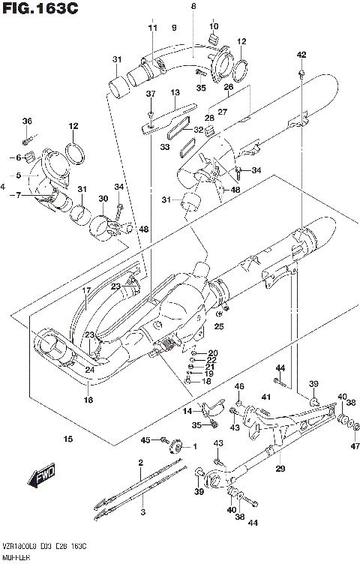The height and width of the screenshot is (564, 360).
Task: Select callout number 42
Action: (301, 55)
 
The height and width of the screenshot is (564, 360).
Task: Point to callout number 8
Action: (193, 6)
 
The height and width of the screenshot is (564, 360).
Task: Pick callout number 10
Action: (214, 26)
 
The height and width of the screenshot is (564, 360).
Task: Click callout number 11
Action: (153, 28)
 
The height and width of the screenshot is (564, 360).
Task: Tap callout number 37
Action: (150, 94)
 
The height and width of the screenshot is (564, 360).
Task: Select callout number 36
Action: (27, 121)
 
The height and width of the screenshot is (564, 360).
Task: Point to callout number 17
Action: (86, 289)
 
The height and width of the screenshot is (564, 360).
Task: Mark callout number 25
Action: (219, 326)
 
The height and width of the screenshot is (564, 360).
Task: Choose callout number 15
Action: (67, 439)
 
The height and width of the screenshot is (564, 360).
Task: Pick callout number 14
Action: (187, 412)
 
